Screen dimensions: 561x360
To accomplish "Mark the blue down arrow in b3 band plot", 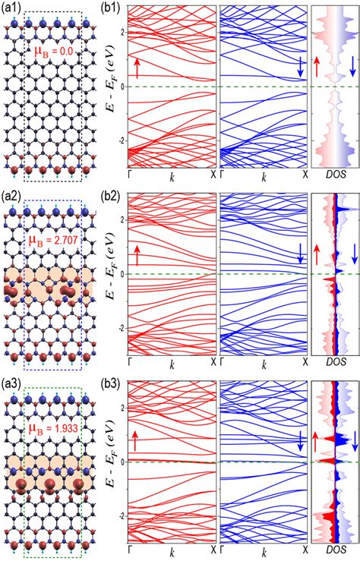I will [300, 441].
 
